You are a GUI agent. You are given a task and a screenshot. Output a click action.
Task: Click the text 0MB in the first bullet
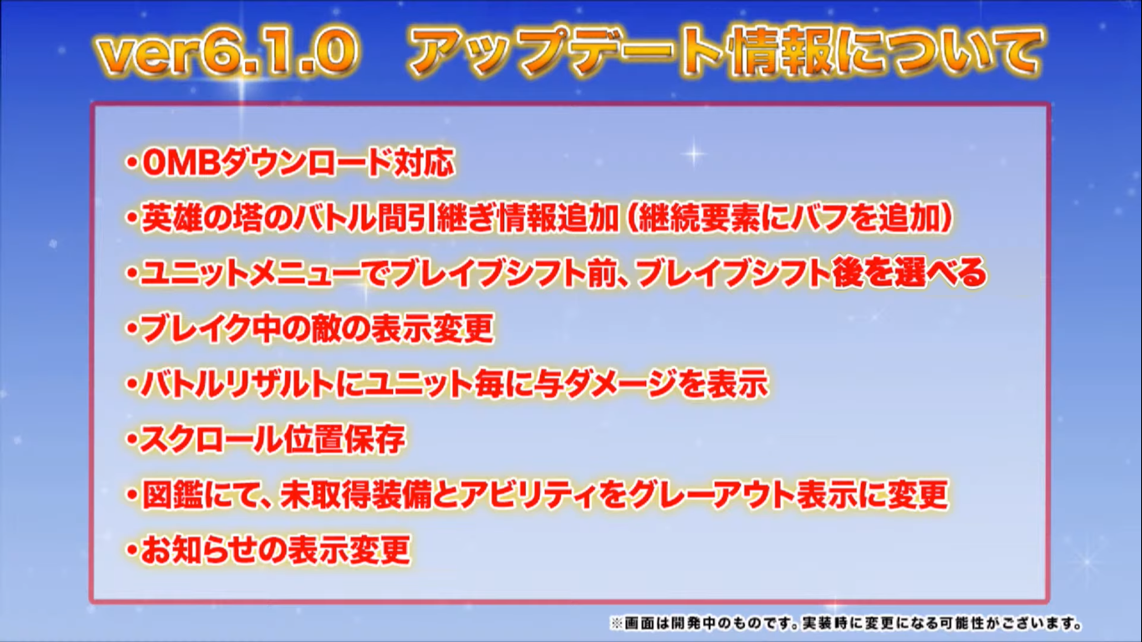tap(181, 163)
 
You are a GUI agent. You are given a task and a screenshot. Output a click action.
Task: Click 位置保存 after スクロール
tap(344, 439)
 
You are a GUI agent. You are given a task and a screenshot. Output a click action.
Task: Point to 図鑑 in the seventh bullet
tap(171, 495)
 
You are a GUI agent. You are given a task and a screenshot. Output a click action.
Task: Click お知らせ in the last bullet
tap(201, 550)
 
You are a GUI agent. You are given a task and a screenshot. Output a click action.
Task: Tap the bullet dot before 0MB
tap(132, 163)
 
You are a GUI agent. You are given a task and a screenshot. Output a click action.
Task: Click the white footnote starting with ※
tap(846, 623)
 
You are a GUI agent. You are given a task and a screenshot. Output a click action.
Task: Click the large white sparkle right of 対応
tap(695, 153)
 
